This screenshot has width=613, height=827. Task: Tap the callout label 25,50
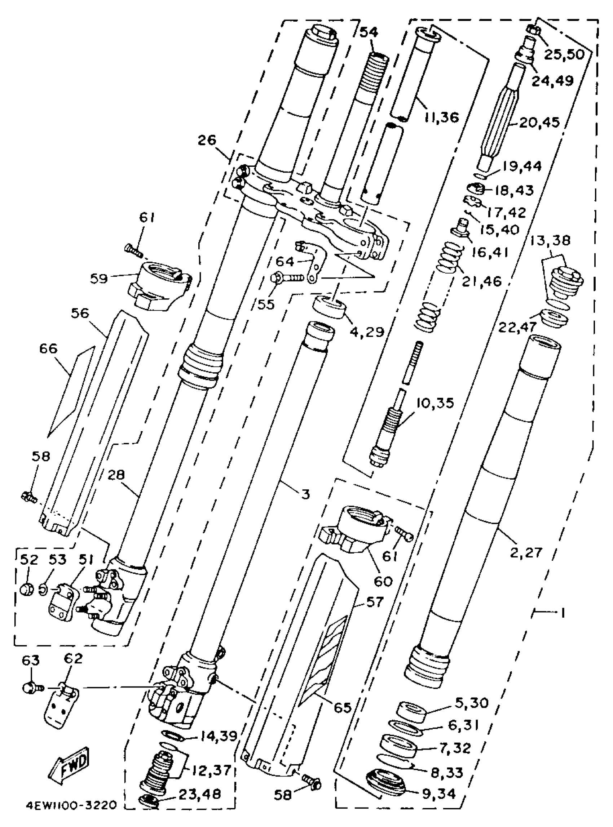(x=564, y=54)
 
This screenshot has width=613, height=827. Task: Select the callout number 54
(x=369, y=32)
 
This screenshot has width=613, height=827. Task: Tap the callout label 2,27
(x=526, y=552)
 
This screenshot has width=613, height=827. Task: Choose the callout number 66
(x=48, y=348)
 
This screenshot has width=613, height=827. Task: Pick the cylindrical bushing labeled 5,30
(x=412, y=711)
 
